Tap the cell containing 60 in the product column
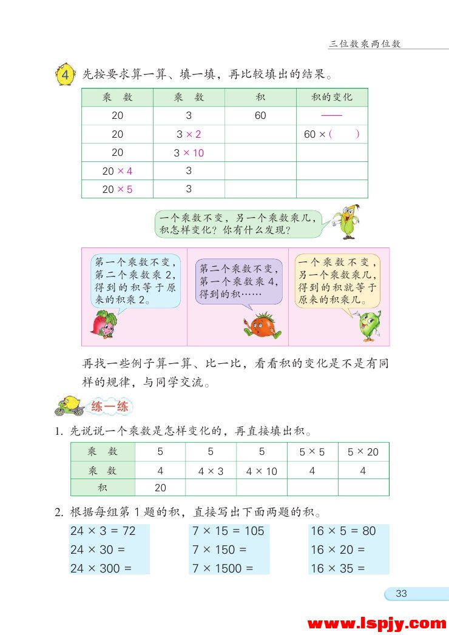click(x=260, y=116)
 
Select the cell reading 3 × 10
click(x=189, y=153)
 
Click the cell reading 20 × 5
click(x=117, y=189)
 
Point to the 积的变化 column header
click(x=332, y=97)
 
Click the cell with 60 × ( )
click(x=332, y=135)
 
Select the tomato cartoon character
click(x=262, y=325)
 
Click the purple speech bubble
click(x=239, y=281)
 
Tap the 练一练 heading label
click(x=109, y=407)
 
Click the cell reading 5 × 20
click(x=363, y=452)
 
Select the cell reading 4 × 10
click(x=262, y=471)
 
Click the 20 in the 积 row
click(x=160, y=488)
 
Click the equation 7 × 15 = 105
click(x=228, y=531)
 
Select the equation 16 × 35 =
click(x=338, y=568)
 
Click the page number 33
click(x=401, y=594)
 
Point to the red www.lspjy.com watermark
click(x=377, y=623)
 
